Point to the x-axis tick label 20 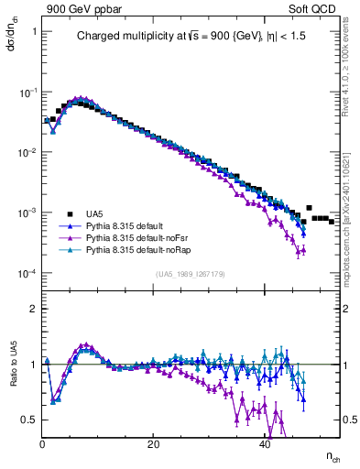pos(154,444)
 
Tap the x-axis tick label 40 pos(265,444)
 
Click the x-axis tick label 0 pos(43,444)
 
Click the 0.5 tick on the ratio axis pos(29,420)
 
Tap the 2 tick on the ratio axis pos(34,309)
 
